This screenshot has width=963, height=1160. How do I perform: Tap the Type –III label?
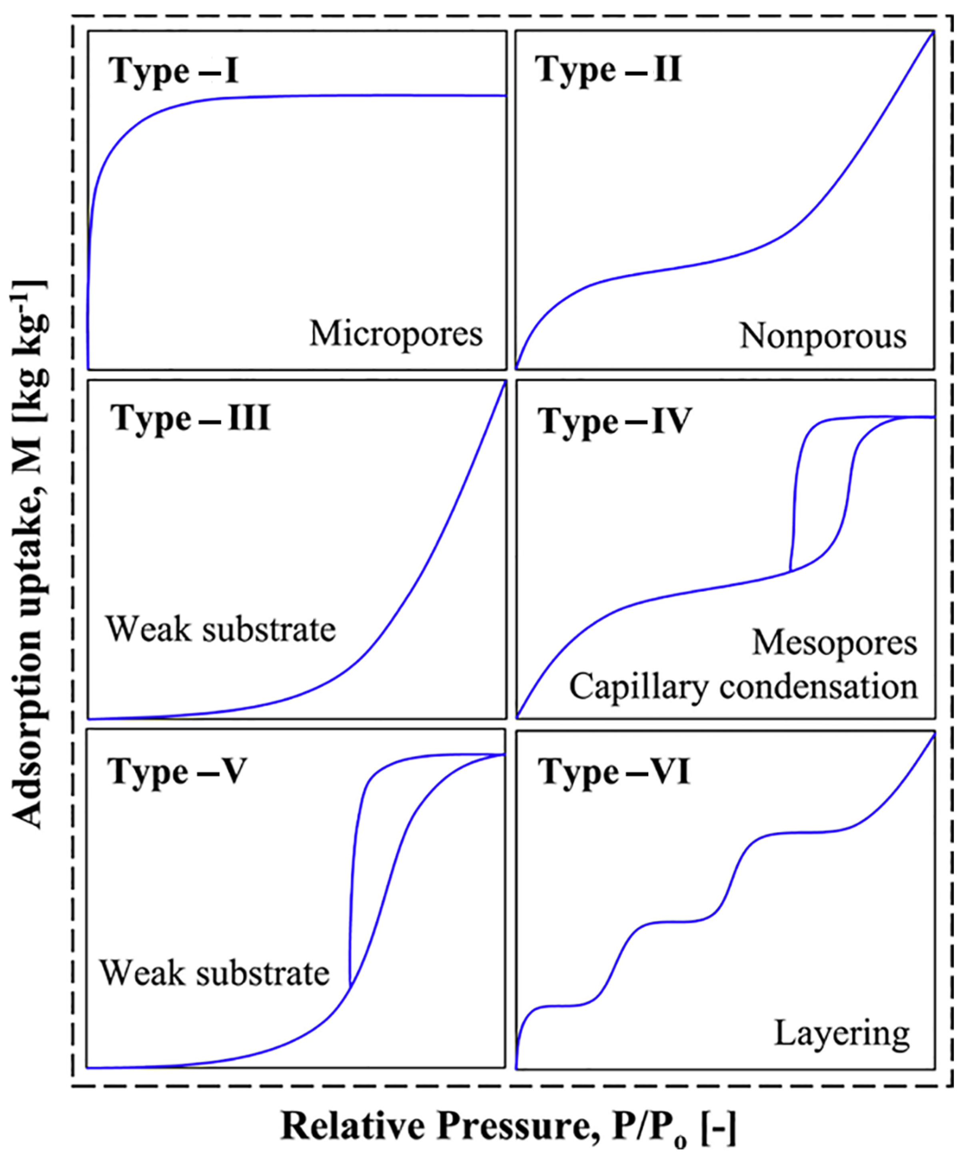(x=190, y=418)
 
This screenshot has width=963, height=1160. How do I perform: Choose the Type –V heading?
(x=177, y=771)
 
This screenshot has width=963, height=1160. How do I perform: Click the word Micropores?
(x=396, y=334)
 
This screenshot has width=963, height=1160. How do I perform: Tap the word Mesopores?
(x=834, y=643)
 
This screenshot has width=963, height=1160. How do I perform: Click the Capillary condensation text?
(x=743, y=687)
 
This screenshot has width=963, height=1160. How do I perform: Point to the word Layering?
(x=841, y=1033)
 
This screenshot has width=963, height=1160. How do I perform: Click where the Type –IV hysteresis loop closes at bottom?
(x=791, y=571)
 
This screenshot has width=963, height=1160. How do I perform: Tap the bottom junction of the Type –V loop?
(x=350, y=987)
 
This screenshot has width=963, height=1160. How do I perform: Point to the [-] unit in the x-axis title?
(x=718, y=1127)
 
